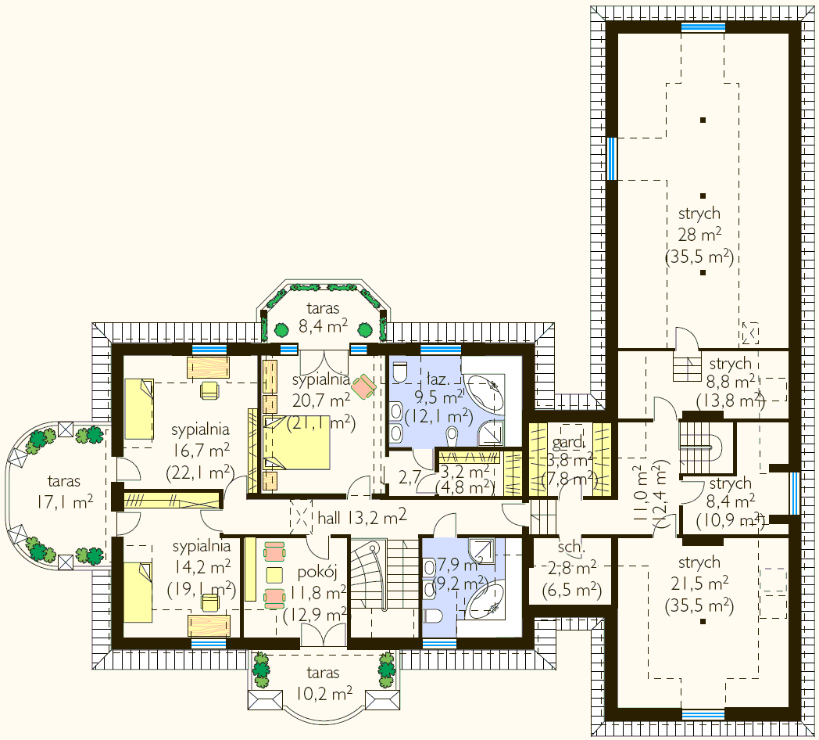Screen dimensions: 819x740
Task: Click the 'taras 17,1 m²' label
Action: [64, 491]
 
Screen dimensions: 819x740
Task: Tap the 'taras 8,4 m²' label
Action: [324, 318]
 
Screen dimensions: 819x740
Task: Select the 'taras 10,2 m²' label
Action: [324, 683]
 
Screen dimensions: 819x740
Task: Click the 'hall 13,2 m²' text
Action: [362, 517]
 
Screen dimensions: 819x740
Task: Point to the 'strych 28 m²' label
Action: [699, 235]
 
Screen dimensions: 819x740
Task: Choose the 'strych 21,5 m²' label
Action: [699, 584]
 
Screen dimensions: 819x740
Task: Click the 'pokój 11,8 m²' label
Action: [317, 594]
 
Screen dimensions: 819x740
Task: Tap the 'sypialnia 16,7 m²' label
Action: [200, 451]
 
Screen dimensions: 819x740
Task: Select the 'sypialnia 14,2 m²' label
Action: [201, 568]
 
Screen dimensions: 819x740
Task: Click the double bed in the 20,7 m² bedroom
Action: [297, 443]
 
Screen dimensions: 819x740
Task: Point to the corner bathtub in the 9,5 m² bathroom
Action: [485, 393]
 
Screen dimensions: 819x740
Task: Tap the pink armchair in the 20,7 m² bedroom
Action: [363, 386]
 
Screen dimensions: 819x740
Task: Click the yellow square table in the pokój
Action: [274, 575]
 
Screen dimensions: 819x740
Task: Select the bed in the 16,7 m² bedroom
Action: [139, 409]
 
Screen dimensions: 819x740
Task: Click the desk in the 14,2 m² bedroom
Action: [209, 626]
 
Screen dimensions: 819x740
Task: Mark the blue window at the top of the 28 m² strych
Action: [703, 27]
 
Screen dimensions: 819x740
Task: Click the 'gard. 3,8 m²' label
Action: [570, 460]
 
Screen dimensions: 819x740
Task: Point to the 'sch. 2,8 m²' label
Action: [571, 569]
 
